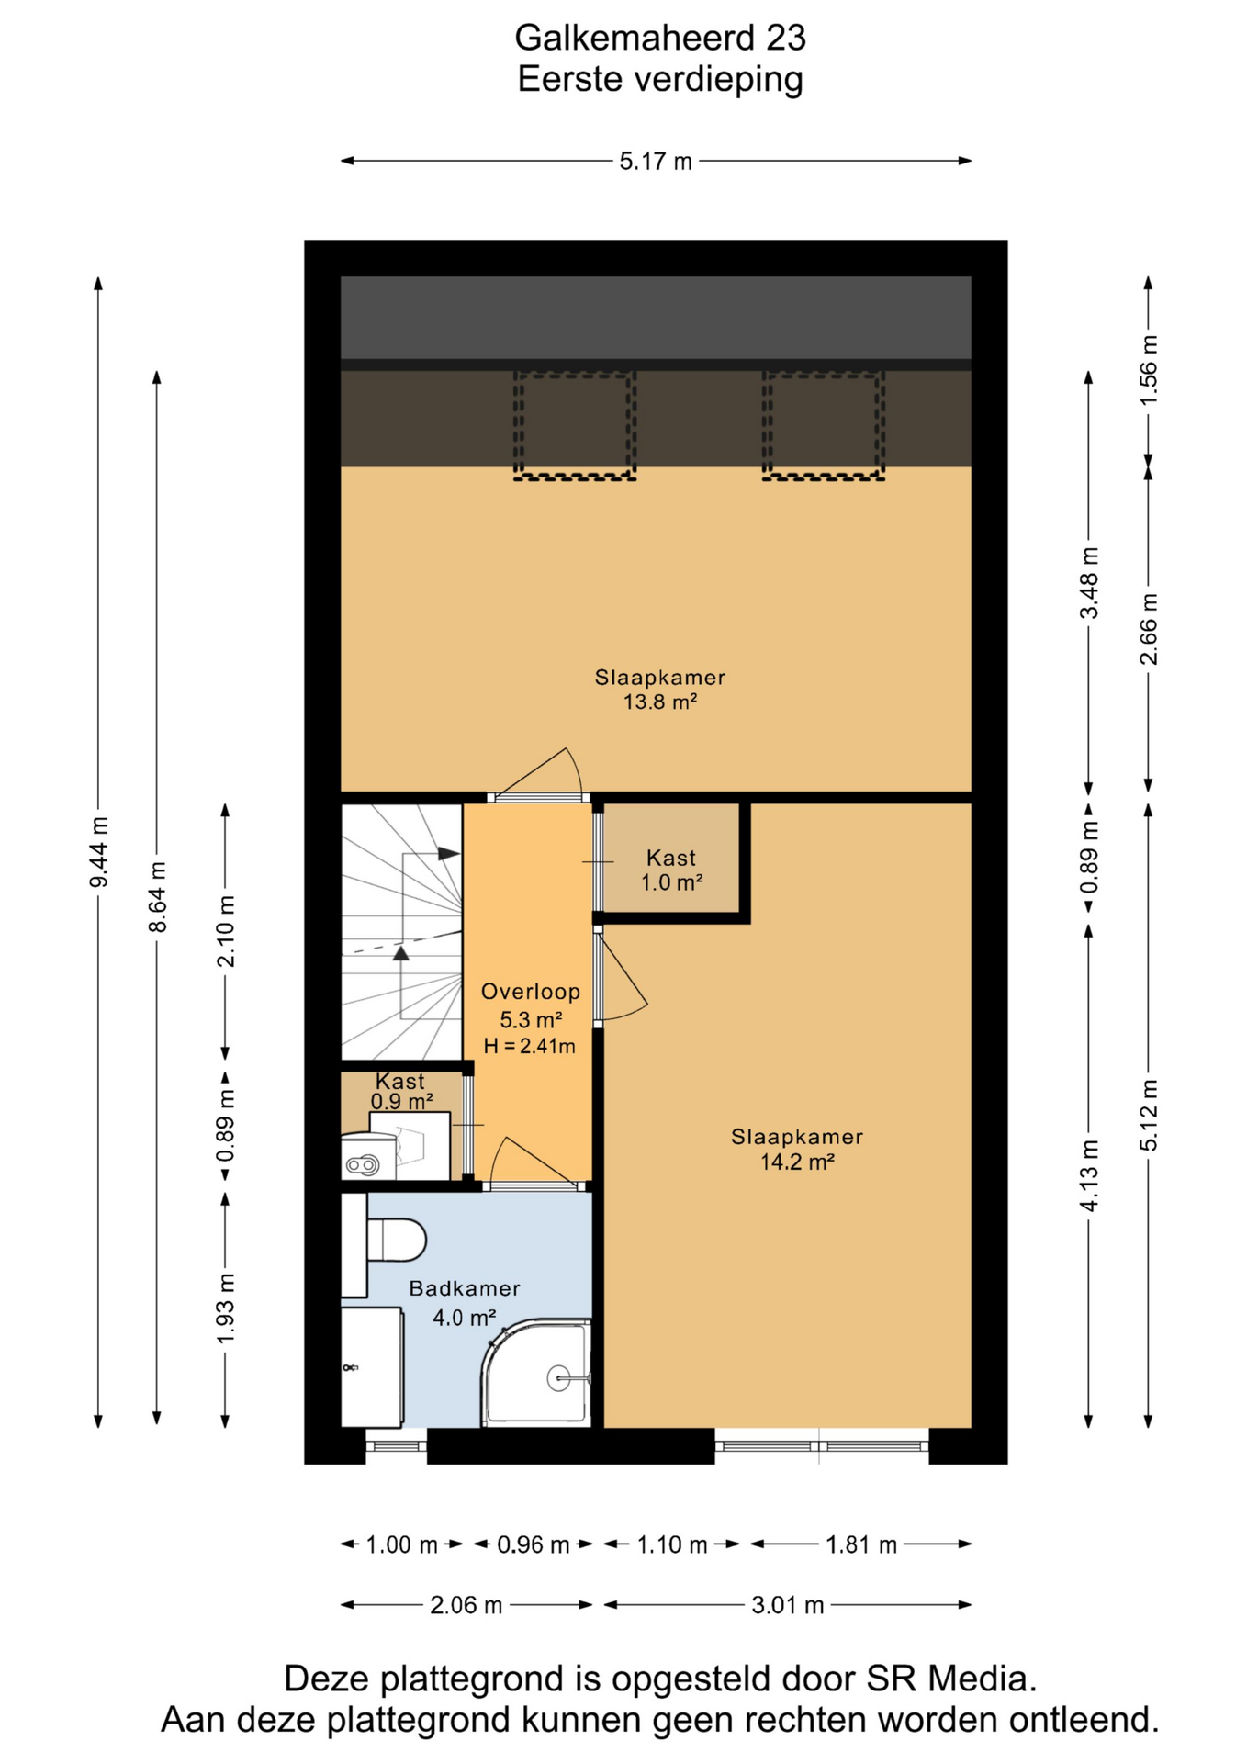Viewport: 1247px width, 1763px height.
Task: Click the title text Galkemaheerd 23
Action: tap(659, 38)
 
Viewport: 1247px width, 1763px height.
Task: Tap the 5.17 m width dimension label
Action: tap(656, 162)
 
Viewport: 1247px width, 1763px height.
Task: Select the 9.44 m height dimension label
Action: tap(99, 851)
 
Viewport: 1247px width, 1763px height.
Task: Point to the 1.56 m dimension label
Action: tap(1149, 369)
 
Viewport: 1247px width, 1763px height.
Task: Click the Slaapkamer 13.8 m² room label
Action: tap(660, 690)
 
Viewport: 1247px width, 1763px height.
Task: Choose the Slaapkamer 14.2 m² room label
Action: tap(797, 1149)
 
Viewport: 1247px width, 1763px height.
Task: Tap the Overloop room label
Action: tap(531, 992)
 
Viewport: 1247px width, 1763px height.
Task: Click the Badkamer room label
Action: tap(465, 1288)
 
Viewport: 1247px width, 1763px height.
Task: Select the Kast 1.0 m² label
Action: tap(671, 870)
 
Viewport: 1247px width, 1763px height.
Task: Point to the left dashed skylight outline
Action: tap(575, 426)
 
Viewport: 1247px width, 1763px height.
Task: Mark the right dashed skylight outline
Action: tap(824, 426)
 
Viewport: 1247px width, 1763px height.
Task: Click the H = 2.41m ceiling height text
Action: tap(530, 1046)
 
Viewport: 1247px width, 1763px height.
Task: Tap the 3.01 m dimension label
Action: tap(788, 1605)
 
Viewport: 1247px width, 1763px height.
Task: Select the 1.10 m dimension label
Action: tap(672, 1544)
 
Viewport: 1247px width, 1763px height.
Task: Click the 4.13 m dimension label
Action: tap(1089, 1175)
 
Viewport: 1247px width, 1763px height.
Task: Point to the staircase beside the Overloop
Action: tap(401, 932)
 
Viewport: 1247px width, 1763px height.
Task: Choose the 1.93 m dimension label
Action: tap(226, 1309)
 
